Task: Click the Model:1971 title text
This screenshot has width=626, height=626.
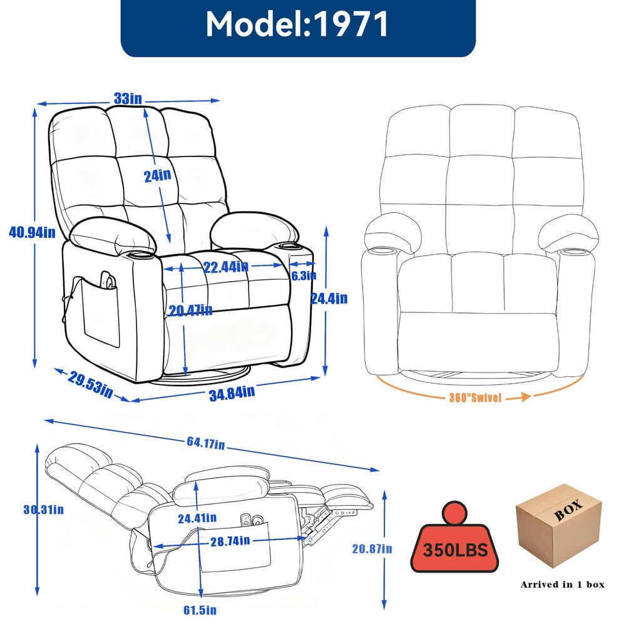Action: click(297, 24)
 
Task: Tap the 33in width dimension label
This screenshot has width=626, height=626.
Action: click(128, 98)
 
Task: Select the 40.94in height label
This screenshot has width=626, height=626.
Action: click(33, 232)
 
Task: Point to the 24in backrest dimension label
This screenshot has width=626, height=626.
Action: click(158, 175)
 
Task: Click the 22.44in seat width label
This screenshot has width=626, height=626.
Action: click(226, 267)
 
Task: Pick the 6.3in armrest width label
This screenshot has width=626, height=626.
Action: click(304, 275)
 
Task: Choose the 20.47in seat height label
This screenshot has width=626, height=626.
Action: click(190, 310)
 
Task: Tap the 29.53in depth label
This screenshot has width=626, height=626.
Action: click(90, 384)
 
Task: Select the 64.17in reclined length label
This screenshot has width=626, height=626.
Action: click(205, 443)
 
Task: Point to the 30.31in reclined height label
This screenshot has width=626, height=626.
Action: click(44, 510)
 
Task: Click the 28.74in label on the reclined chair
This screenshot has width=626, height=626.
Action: click(230, 541)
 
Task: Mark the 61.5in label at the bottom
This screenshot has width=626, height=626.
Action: click(200, 610)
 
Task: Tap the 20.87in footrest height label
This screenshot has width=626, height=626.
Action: click(372, 549)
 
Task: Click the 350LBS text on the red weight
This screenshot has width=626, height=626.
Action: click(455, 550)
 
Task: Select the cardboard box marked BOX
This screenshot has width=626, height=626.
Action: click(559, 526)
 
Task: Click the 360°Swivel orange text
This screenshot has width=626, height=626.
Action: click(475, 398)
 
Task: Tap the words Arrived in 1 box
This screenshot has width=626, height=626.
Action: click(563, 585)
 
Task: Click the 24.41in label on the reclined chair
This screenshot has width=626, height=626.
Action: click(197, 518)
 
